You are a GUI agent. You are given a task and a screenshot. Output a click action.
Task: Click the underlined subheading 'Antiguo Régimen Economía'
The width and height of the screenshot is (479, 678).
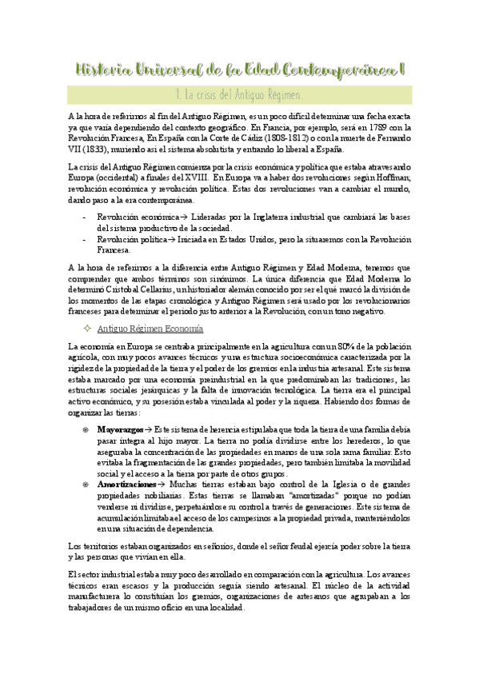[x=150, y=329]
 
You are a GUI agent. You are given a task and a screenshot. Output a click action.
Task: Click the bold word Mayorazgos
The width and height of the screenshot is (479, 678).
[x=122, y=429]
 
